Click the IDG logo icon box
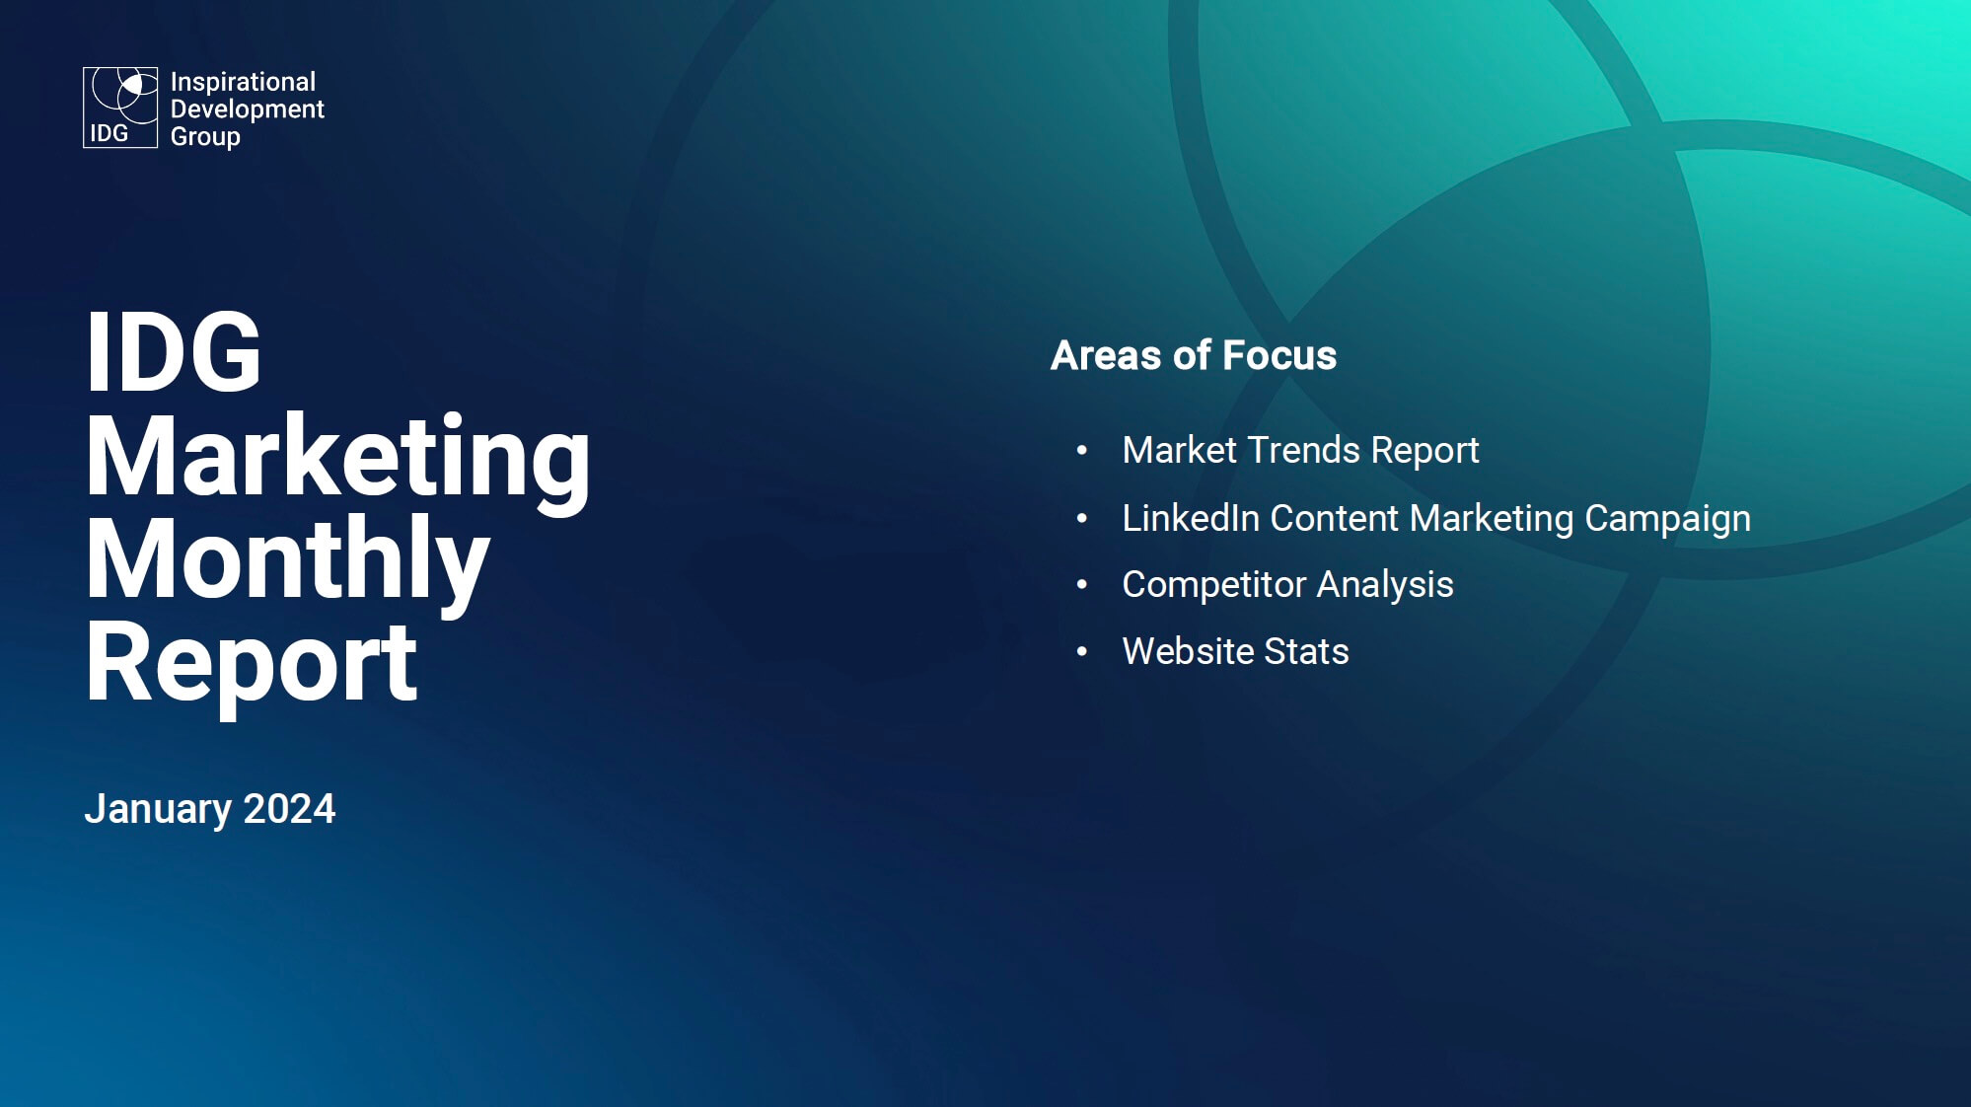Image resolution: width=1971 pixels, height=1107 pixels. point(120,108)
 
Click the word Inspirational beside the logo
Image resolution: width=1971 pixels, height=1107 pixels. point(243,82)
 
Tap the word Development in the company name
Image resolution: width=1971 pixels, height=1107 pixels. point(247,109)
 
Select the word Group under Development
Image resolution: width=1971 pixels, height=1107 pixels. point(205,136)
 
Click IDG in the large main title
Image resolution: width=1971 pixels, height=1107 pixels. point(174,351)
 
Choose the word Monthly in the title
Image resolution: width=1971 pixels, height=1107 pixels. point(287,559)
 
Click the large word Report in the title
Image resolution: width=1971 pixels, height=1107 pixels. point(252,664)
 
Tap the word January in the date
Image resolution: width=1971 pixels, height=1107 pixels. point(158,809)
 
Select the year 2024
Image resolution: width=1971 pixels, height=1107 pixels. point(289,808)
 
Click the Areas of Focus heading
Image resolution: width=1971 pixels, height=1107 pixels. point(1194,355)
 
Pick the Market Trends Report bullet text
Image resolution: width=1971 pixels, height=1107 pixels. point(1300,451)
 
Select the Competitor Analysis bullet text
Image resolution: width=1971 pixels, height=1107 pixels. point(1287,585)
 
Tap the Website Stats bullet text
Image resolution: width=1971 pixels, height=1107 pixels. point(1235,651)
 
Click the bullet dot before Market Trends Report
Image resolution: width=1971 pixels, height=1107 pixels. point(1082,451)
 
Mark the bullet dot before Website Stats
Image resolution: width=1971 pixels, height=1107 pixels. point(1082,651)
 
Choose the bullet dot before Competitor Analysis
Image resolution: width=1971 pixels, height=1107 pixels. point(1082,585)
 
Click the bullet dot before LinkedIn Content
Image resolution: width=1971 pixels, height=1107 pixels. point(1082,518)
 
